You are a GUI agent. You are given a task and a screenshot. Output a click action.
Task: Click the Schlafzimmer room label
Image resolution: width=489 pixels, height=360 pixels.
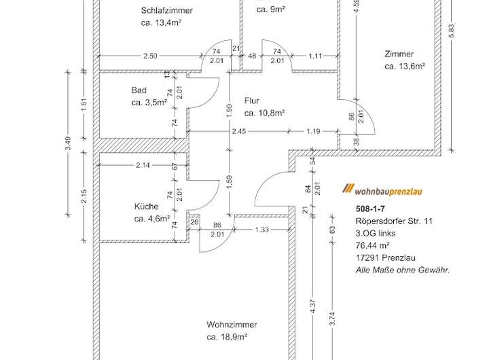click(167, 11)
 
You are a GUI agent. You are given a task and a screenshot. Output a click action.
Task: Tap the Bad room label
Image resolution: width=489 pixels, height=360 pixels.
click(139, 90)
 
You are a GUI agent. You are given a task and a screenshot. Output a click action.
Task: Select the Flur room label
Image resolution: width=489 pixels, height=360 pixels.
click(252, 101)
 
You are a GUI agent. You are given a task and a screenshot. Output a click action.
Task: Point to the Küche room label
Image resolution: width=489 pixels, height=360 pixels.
click(146, 206)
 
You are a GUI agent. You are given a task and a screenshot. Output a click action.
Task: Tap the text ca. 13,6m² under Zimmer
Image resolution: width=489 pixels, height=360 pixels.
click(404, 67)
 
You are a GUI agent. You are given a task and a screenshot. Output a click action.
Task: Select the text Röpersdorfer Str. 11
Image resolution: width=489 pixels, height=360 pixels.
click(394, 221)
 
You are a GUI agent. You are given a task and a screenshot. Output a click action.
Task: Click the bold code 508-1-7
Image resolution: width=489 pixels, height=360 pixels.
click(370, 209)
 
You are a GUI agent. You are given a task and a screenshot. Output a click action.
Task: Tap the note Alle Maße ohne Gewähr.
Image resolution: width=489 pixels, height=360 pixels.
click(403, 270)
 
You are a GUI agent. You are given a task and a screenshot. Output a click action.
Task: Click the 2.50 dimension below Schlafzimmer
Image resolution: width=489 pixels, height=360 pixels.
click(150, 56)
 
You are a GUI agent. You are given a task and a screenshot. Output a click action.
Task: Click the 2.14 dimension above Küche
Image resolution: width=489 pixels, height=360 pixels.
click(143, 166)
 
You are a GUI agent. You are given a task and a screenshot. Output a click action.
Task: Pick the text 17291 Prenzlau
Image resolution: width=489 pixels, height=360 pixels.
click(385, 257)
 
